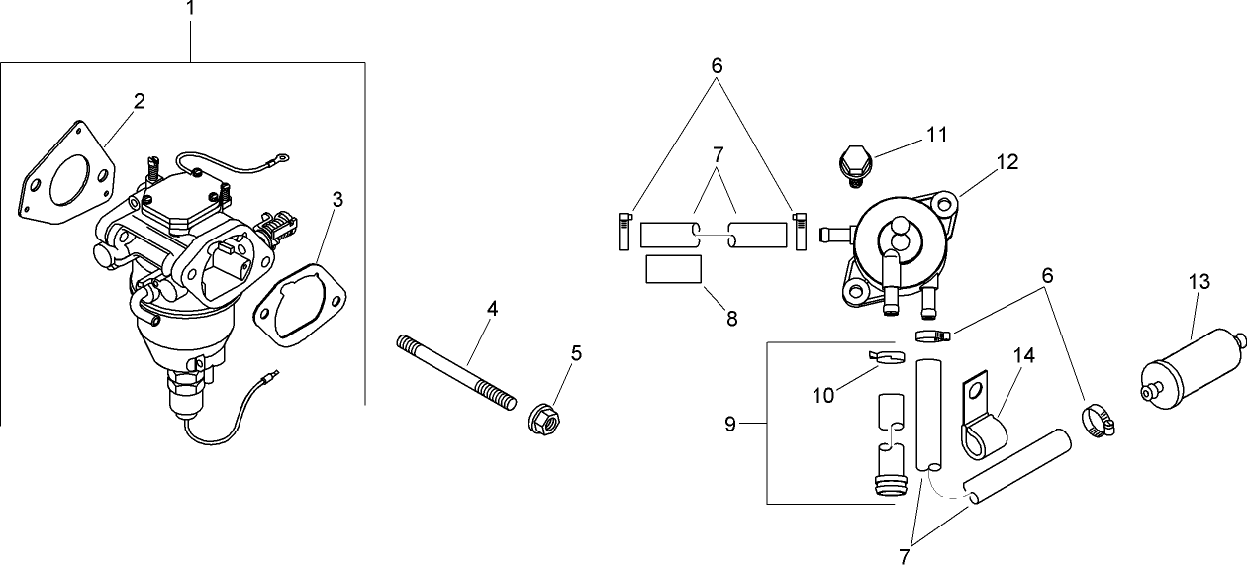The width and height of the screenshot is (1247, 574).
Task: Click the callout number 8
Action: [x=731, y=319]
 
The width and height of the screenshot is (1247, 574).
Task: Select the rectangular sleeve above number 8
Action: [x=673, y=268]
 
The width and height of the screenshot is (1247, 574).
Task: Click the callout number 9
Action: [x=729, y=425]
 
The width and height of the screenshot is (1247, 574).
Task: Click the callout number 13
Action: [x=1198, y=283]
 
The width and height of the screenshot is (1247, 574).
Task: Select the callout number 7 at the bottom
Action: [x=904, y=557]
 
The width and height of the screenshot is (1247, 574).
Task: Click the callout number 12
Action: [x=1007, y=160]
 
